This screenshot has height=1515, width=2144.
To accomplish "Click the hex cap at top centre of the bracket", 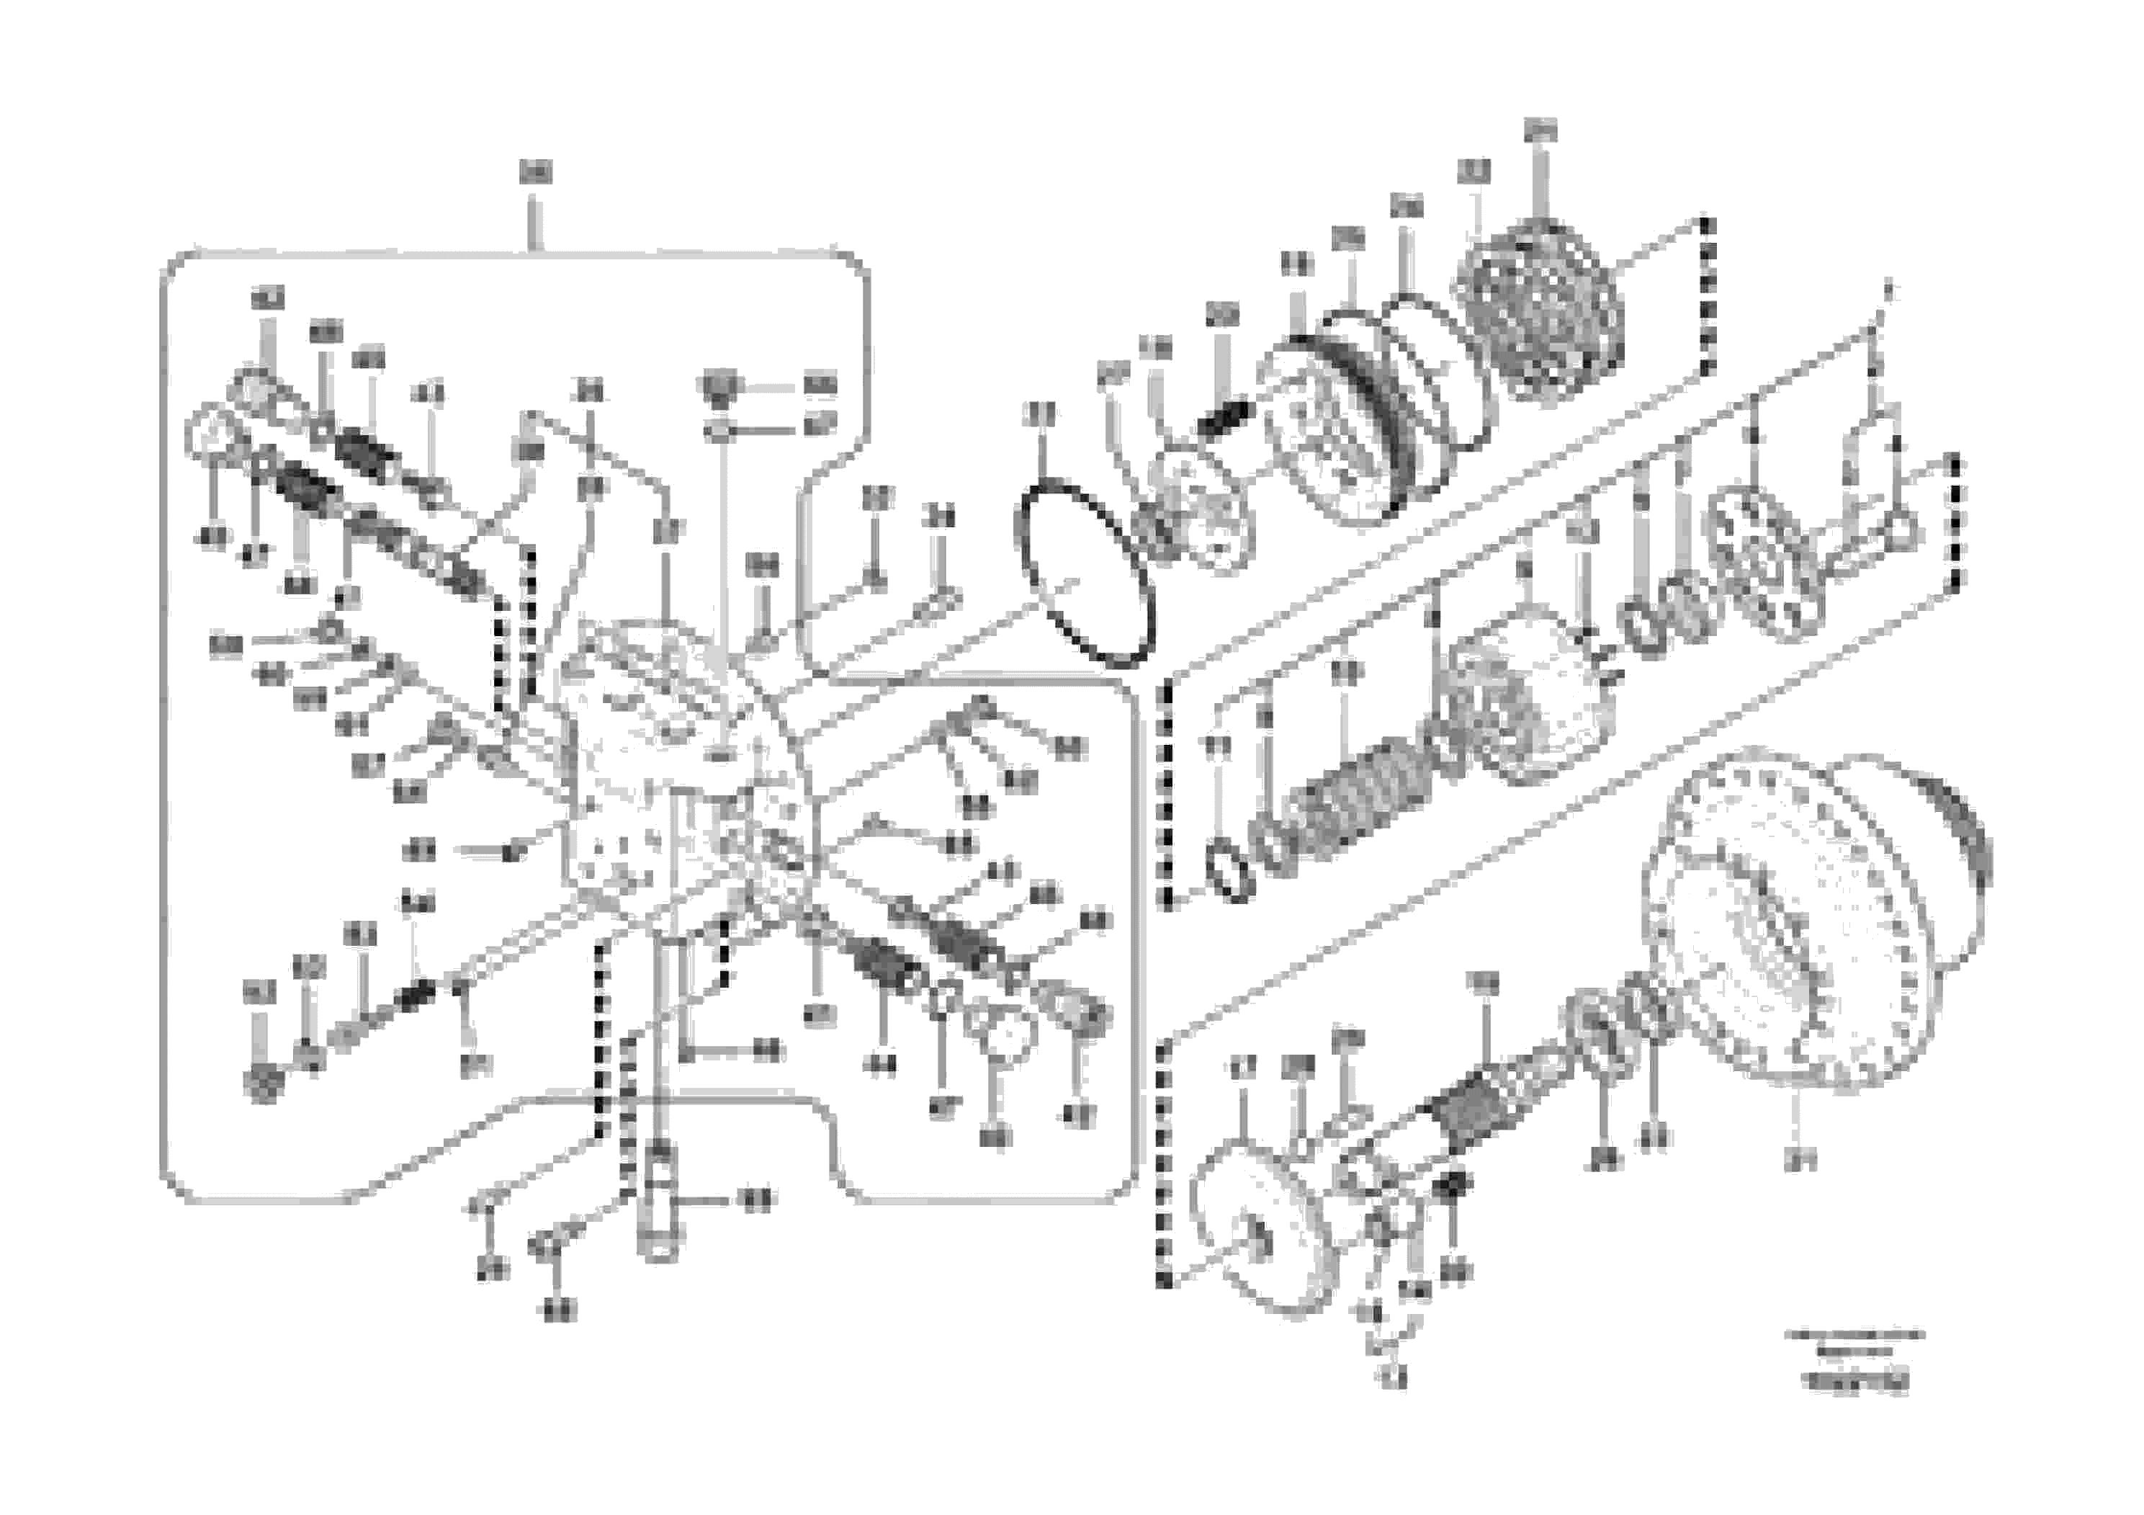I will (719, 385).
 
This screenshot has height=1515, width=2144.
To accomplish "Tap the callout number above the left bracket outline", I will (535, 172).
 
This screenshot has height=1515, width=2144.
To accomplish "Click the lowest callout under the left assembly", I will (560, 1310).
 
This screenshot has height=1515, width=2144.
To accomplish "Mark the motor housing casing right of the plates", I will (1531, 710).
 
